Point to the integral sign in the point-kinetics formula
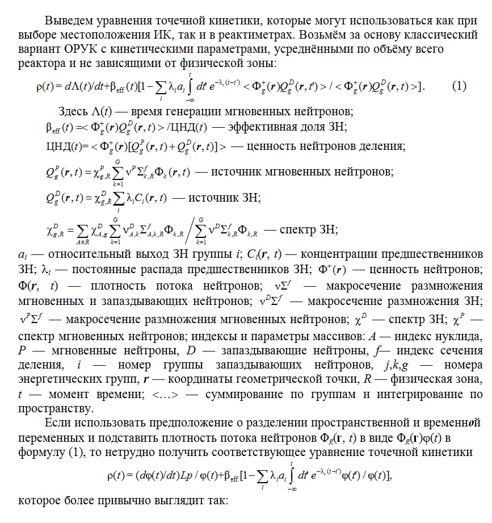point(293,474)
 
